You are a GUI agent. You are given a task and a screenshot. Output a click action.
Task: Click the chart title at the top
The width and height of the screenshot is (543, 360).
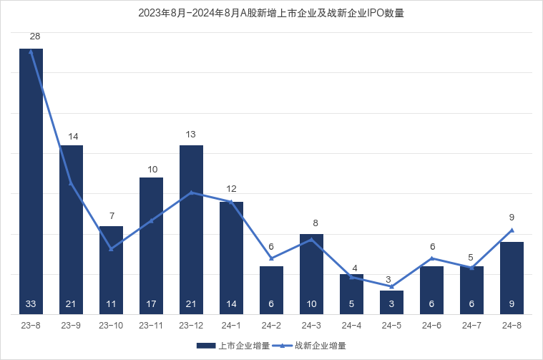[271, 13]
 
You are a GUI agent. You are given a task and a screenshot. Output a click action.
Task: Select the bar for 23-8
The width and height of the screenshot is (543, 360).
[31, 179]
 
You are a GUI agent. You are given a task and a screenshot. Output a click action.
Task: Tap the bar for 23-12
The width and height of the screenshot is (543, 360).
[191, 229]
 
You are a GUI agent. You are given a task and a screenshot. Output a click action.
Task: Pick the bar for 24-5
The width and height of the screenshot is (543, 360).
[391, 302]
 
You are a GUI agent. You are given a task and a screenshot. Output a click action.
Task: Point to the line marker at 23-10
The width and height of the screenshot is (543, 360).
[111, 248]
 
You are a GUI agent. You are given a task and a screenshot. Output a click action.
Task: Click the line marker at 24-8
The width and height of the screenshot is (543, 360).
[512, 230]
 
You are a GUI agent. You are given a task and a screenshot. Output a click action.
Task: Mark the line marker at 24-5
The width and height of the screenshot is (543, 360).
[391, 286]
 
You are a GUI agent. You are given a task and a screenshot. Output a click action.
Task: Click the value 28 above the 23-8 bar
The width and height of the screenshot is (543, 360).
[34, 36]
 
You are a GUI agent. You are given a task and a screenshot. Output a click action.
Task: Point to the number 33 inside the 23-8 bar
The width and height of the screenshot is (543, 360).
[31, 304]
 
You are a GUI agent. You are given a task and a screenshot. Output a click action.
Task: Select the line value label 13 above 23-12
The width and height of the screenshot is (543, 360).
[191, 134]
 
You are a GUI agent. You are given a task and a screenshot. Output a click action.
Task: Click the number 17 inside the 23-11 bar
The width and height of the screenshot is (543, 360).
[151, 304]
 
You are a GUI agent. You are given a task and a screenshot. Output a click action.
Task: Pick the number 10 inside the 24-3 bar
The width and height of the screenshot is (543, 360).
[311, 304]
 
